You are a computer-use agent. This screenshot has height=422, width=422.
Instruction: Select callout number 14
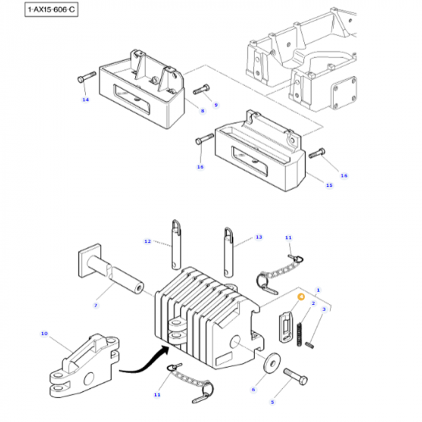[86, 99]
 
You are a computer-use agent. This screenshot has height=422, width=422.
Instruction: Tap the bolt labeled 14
[87, 78]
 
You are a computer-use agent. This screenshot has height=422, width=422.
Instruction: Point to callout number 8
[203, 111]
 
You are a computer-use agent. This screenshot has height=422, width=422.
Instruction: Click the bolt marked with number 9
[201, 90]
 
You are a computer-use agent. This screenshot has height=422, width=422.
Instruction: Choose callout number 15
[329, 185]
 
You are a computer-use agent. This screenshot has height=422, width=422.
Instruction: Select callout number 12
[146, 242]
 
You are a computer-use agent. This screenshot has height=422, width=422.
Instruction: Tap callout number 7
[95, 306]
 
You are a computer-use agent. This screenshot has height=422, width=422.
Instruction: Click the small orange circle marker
[300, 296]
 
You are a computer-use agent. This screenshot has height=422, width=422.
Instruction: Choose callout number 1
[318, 290]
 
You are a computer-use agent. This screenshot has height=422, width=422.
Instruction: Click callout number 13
[259, 237]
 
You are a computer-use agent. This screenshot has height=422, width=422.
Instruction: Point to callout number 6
[253, 390]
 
